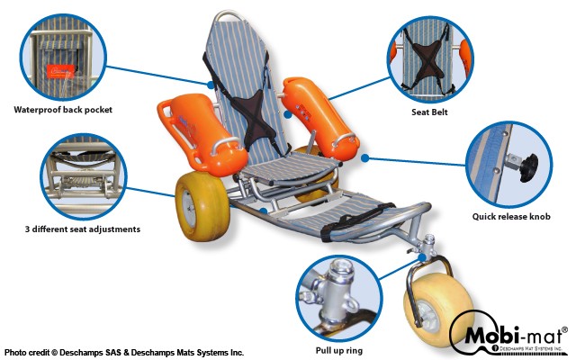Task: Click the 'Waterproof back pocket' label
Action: pyautogui.click(x=63, y=110)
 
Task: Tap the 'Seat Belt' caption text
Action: pyautogui.click(x=429, y=112)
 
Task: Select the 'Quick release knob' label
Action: pyautogui.click(x=511, y=216)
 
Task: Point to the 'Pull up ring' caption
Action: pyautogui.click(x=339, y=350)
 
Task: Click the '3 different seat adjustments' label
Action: pyautogui.click(x=83, y=229)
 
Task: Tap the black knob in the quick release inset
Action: pyautogui.click(x=527, y=167)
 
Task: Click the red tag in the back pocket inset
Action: pyautogui.click(x=60, y=71)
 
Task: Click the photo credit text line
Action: pyautogui.click(x=124, y=352)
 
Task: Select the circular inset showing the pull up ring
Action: pyautogui.click(x=338, y=298)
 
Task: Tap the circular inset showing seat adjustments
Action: pyautogui.click(x=84, y=176)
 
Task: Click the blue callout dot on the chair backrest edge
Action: pyautogui.click(x=211, y=85)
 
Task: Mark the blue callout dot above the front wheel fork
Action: pyautogui.click(x=423, y=257)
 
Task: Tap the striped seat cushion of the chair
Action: pyautogui.click(x=290, y=166)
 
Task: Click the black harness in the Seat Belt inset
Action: pyautogui.click(x=428, y=58)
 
